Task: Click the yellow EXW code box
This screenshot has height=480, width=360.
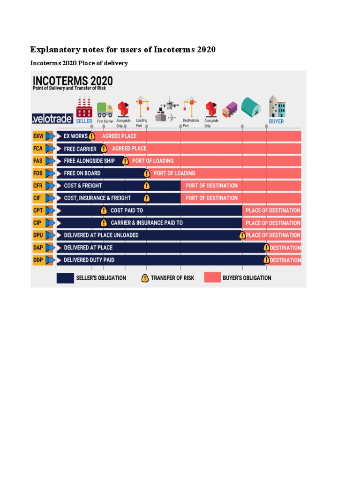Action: [x=38, y=136]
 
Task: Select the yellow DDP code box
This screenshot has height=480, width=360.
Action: [x=38, y=260]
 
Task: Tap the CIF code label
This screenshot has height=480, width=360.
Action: [x=38, y=198]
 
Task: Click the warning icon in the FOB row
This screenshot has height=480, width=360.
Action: [x=147, y=173]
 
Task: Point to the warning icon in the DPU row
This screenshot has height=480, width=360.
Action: [x=242, y=235]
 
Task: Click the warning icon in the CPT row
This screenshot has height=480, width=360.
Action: [x=104, y=210]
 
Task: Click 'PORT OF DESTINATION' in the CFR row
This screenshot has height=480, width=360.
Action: [x=211, y=186]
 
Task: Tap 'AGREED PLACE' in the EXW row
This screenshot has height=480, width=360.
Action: [x=119, y=136]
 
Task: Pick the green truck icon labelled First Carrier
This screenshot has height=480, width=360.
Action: [x=105, y=110]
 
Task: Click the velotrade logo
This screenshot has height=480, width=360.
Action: [x=52, y=118]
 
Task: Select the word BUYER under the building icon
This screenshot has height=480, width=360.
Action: [x=276, y=121]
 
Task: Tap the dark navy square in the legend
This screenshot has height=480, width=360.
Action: [x=65, y=278]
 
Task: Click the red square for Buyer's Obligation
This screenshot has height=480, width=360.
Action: [x=212, y=278]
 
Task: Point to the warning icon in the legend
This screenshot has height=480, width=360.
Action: [x=145, y=278]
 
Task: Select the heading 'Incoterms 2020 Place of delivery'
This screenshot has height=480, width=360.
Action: [x=79, y=63]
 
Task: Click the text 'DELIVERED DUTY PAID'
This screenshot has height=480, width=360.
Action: [x=89, y=260]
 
